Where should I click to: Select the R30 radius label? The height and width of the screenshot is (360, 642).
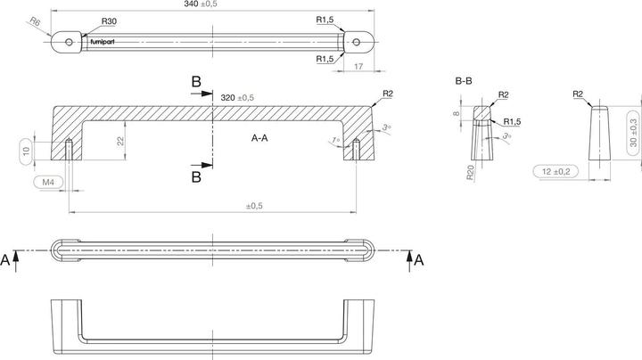tap(109, 20)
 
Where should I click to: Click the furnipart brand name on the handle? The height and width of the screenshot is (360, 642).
tap(102, 40)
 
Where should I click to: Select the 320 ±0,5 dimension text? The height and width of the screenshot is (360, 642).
tap(237, 97)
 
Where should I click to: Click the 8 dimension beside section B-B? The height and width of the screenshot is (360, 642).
tap(457, 113)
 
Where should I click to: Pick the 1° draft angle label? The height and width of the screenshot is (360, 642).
tap(335, 141)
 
